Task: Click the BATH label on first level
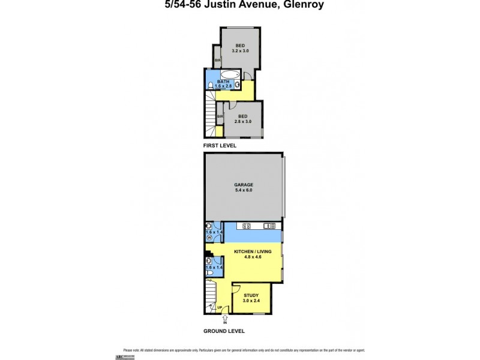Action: (x=223, y=82)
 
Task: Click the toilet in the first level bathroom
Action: (x=208, y=86)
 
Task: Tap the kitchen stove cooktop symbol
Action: (x=247, y=226)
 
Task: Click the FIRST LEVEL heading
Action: (x=219, y=145)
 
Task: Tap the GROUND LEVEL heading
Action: (x=224, y=331)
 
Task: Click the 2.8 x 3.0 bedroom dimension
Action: (x=243, y=121)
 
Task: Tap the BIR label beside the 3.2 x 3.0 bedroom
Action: (x=218, y=60)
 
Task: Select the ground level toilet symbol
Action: (x=209, y=272)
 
